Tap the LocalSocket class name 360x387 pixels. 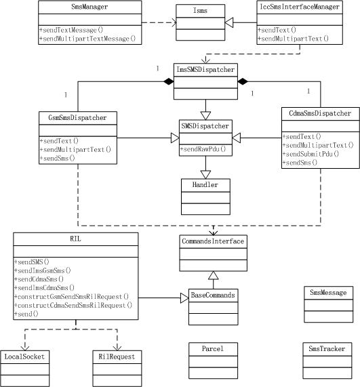(x=26, y=356)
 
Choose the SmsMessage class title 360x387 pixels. (x=327, y=293)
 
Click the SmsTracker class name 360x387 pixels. (x=327, y=348)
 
